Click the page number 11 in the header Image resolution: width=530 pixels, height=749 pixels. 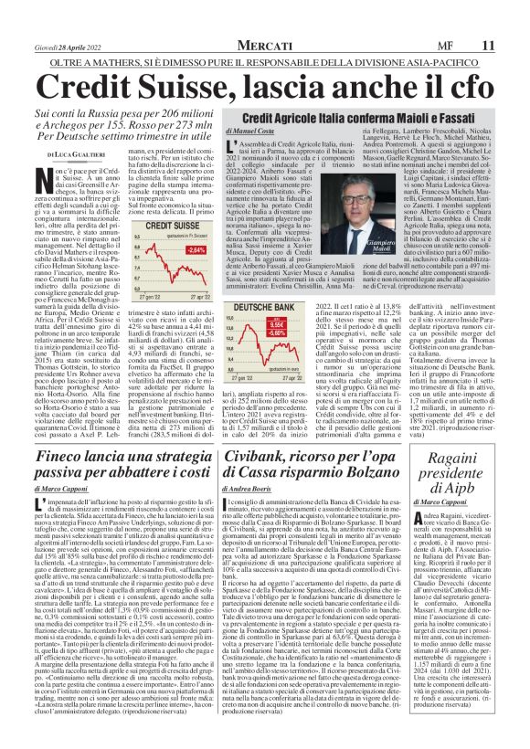(x=514, y=43)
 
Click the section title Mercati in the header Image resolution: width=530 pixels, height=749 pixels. (x=266, y=43)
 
